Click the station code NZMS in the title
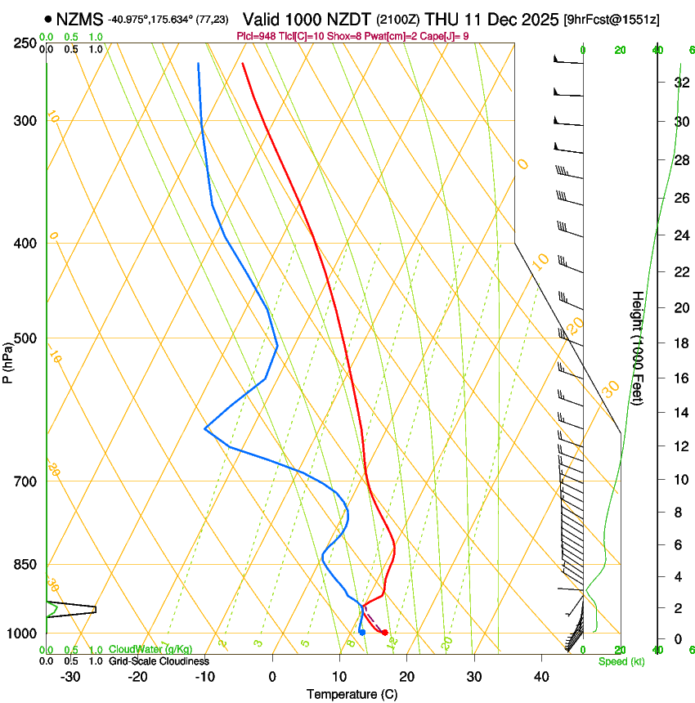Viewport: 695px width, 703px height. click(x=80, y=18)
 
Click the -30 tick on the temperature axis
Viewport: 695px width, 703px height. click(x=70, y=676)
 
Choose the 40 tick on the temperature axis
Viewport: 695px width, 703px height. click(x=541, y=676)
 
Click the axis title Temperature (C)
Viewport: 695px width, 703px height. click(x=352, y=694)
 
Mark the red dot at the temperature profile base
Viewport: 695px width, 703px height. click(x=384, y=633)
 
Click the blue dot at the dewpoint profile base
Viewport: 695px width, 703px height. click(x=361, y=632)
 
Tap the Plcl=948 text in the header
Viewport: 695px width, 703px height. click(x=256, y=36)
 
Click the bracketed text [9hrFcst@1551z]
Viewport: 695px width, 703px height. click(x=612, y=18)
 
